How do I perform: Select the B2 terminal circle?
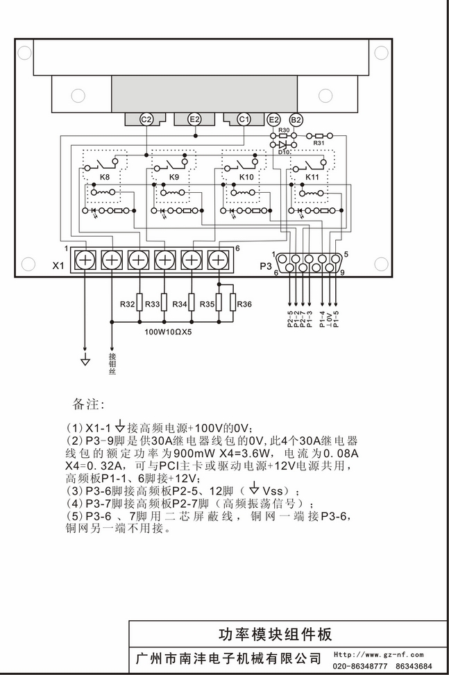click(295, 120)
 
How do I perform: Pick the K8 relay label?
click(105, 178)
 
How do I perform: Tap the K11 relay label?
click(312, 178)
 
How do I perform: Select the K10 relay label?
click(246, 178)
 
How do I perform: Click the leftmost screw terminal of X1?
click(85, 260)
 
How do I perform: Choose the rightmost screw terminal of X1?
click(219, 260)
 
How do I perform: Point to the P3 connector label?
click(266, 266)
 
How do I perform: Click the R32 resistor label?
click(127, 304)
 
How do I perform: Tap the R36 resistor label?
click(244, 304)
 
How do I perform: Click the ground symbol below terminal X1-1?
click(85, 360)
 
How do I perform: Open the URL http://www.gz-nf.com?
click(380, 654)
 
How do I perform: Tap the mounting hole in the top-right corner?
click(381, 53)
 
